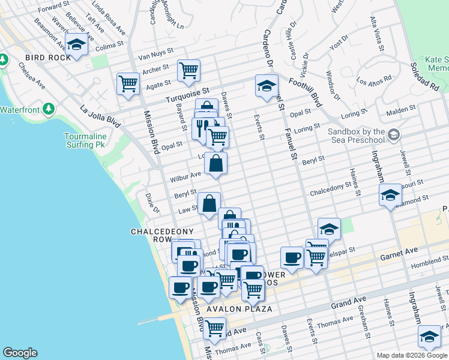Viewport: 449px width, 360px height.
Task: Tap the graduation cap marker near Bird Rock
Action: click(x=76, y=44)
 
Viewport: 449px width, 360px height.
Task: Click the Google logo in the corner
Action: click(x=20, y=353)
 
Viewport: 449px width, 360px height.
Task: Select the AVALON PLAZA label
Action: click(x=240, y=309)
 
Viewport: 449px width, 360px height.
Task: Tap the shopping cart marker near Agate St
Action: click(x=128, y=83)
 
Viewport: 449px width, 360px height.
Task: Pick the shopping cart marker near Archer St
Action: click(x=188, y=70)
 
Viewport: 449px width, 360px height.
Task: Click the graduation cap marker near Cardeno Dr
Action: click(x=266, y=85)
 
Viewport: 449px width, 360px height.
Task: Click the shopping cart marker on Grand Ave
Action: click(x=214, y=328)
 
